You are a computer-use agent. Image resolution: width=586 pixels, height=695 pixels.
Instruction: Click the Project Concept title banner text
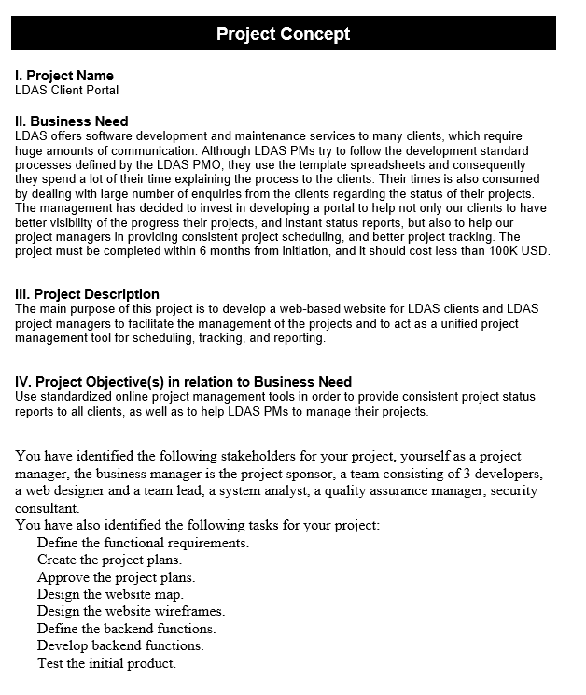(283, 35)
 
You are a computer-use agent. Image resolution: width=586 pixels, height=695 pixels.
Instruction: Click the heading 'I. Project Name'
(64, 76)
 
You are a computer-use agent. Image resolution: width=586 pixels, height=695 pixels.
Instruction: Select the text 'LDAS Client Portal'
(67, 90)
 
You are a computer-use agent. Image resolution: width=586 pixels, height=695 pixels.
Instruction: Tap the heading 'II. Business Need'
(72, 121)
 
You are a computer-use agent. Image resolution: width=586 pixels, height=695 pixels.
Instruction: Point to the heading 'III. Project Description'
(87, 294)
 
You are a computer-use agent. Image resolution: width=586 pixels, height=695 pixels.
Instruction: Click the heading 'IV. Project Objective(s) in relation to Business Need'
(183, 381)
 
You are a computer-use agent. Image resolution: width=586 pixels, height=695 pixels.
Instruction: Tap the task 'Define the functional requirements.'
(143, 543)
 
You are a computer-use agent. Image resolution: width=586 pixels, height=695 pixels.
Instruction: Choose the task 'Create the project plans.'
(109, 560)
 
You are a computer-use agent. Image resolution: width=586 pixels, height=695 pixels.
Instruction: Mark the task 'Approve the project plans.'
(116, 577)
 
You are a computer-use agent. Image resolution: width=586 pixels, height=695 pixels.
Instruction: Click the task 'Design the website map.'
(110, 594)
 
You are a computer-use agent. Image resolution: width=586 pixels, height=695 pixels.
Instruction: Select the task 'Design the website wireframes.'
(131, 611)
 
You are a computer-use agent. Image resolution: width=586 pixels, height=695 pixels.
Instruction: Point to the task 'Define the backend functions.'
(126, 629)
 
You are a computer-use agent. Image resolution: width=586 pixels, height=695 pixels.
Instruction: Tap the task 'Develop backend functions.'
(120, 645)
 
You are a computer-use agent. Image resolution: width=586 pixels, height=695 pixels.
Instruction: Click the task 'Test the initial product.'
(106, 663)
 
